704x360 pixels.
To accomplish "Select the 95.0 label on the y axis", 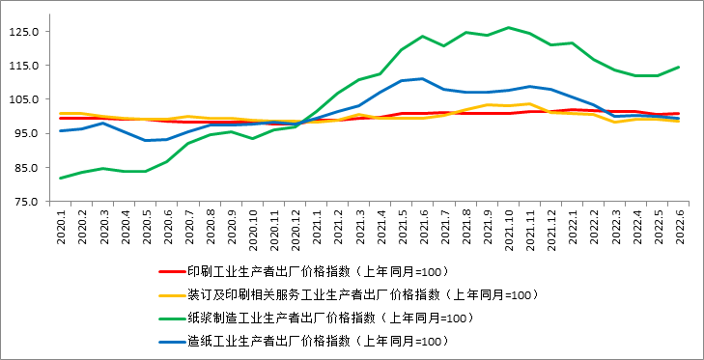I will [x=27, y=133].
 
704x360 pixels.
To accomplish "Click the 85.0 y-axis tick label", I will [x=27, y=168].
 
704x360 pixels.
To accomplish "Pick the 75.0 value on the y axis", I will [x=27, y=202].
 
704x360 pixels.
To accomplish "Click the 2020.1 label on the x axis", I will [x=61, y=227].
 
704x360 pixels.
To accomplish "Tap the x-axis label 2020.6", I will [x=168, y=227].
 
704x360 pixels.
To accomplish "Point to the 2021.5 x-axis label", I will [x=403, y=227].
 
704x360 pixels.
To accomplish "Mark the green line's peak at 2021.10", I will [x=509, y=28].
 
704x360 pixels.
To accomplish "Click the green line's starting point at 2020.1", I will [x=60, y=178].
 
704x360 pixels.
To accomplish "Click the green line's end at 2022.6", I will [x=679, y=67].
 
